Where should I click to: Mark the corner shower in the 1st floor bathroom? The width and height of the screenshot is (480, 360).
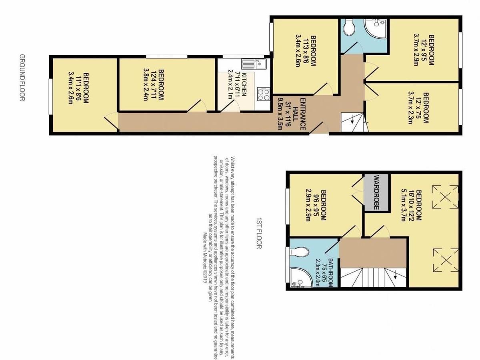click(298, 278)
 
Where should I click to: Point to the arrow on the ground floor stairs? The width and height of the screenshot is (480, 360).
click(351, 122)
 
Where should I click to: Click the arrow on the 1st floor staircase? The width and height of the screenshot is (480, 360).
click(396, 275)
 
